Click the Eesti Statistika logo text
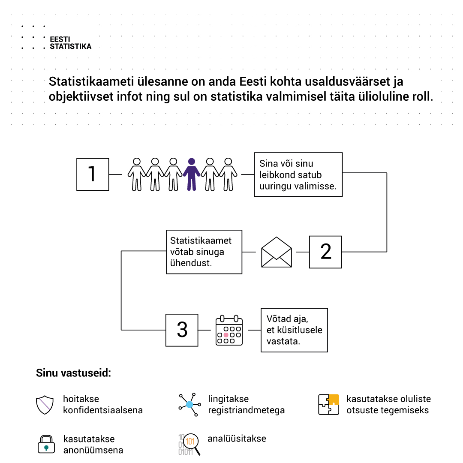pyautogui.click(x=70, y=43)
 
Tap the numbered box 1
pyautogui.click(x=93, y=174)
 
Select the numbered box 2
pyautogui.click(x=325, y=252)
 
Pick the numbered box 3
pyautogui.click(x=182, y=330)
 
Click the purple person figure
pyautogui.click(x=192, y=174)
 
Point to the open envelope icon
pyautogui.click(x=277, y=252)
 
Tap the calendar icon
pyautogui.click(x=229, y=331)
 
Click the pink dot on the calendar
pyautogui.click(x=226, y=335)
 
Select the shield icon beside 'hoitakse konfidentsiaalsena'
pyautogui.click(x=45, y=405)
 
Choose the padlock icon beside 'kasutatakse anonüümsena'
pyautogui.click(x=46, y=445)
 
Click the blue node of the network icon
pyautogui.click(x=189, y=404)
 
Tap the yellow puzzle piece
pyautogui.click(x=334, y=399)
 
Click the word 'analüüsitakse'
pyautogui.click(x=237, y=439)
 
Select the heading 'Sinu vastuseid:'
pyautogui.click(x=73, y=373)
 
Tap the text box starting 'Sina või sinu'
pyautogui.click(x=298, y=174)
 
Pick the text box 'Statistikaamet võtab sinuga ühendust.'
pyautogui.click(x=204, y=252)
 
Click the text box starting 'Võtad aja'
pyautogui.click(x=294, y=330)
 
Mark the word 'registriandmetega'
pyautogui.click(x=246, y=410)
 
